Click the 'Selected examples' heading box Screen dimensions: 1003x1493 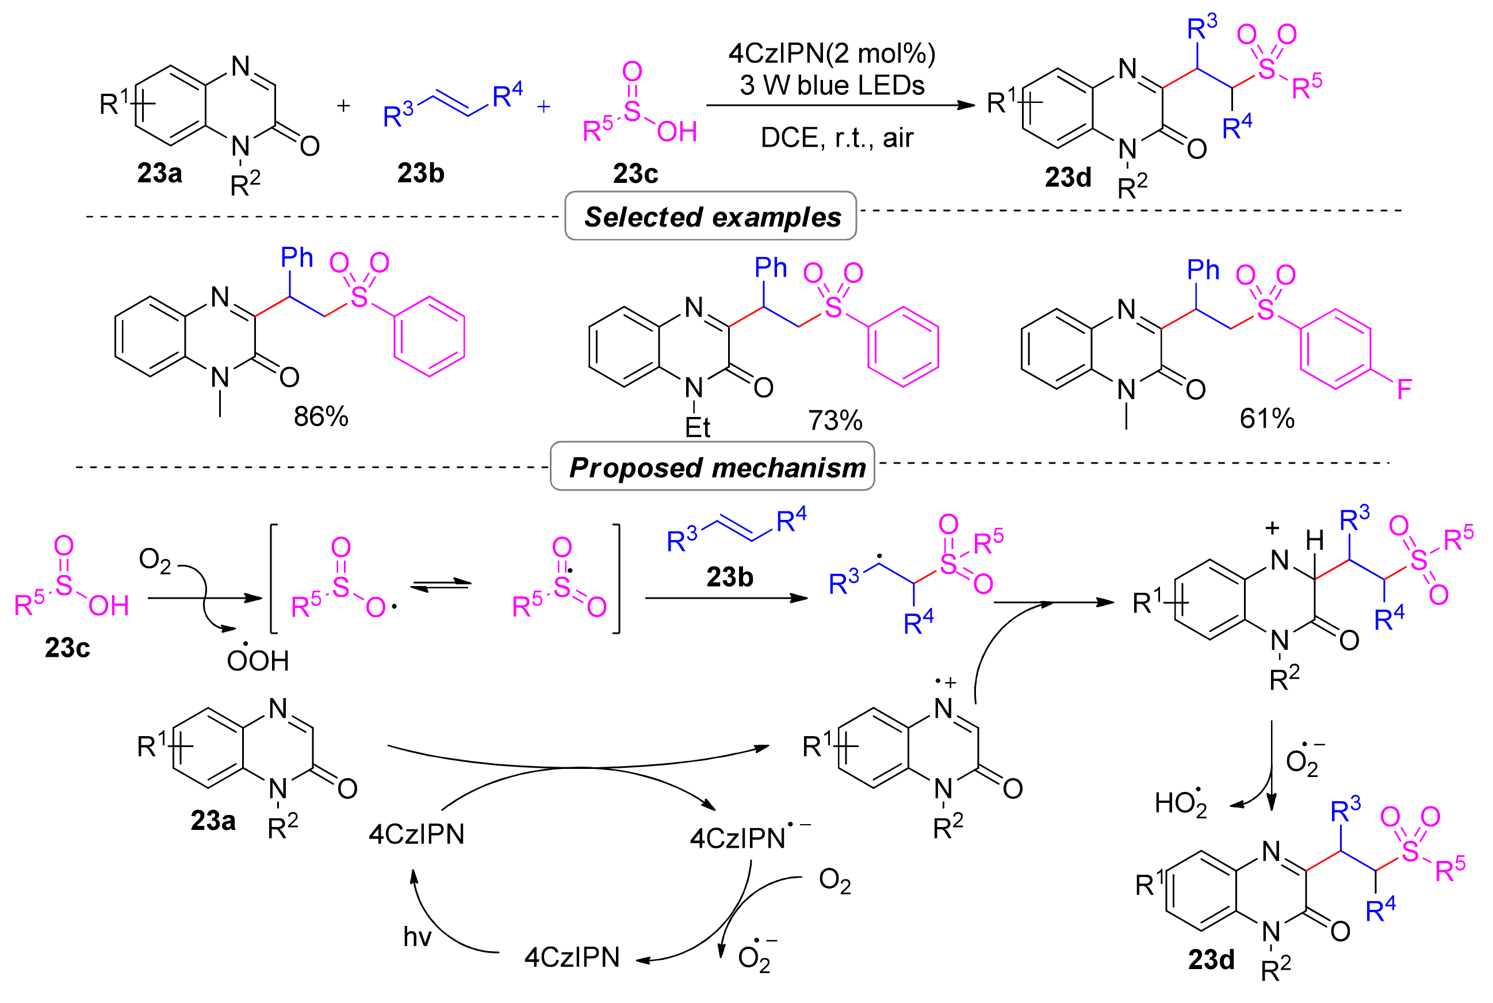click(x=711, y=217)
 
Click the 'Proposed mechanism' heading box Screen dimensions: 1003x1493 click(x=713, y=467)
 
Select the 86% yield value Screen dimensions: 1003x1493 click(x=320, y=417)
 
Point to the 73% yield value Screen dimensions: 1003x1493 click(x=834, y=421)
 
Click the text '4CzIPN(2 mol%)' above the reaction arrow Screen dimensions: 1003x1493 click(x=832, y=53)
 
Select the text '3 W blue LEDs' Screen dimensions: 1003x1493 click(x=832, y=86)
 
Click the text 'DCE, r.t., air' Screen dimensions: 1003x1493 click(x=837, y=138)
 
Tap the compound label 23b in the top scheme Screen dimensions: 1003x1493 click(x=420, y=173)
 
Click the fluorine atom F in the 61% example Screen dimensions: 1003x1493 click(x=1404, y=389)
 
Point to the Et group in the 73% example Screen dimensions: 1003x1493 click(x=697, y=427)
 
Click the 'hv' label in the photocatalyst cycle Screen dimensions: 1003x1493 click(x=417, y=937)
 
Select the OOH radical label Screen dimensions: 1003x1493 click(x=258, y=660)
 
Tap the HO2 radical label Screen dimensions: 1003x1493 click(x=1181, y=803)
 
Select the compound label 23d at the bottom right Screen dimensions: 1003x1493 click(x=1211, y=960)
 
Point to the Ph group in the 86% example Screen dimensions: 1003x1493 click(x=297, y=258)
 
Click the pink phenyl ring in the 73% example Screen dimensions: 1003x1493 click(x=902, y=347)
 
